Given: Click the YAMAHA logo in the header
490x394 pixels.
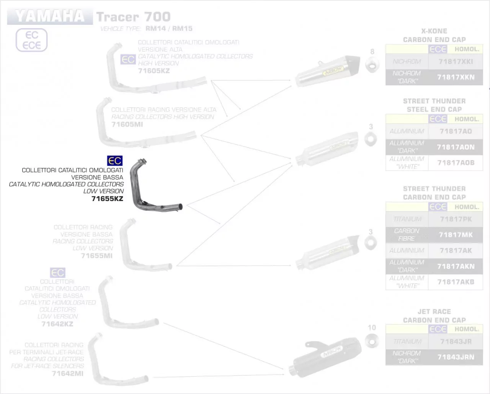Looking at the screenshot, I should [50, 16].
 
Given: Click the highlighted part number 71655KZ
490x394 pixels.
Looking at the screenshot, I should [107, 199].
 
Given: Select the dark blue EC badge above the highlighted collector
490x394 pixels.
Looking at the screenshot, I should [114, 161].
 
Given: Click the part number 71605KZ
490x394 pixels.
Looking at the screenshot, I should [154, 71].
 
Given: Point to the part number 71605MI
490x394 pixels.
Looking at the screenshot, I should [127, 125].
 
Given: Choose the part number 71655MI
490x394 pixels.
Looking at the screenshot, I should [96, 256].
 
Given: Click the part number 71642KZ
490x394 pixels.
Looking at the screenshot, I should [57, 324].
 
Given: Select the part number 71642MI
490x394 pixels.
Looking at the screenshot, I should [67, 373].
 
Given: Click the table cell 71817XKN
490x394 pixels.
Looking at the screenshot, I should [456, 77].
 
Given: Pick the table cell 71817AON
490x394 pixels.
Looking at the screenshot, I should [456, 147].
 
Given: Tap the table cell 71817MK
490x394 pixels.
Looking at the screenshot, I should [456, 235].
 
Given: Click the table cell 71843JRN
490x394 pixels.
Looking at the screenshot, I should [456, 357].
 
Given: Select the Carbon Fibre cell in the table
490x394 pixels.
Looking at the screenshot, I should [407, 235].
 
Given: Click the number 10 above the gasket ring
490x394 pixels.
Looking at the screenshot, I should [372, 328].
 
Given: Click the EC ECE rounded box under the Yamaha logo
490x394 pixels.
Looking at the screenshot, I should [31, 40].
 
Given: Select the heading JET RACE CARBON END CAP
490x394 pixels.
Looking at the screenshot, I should [434, 316].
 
